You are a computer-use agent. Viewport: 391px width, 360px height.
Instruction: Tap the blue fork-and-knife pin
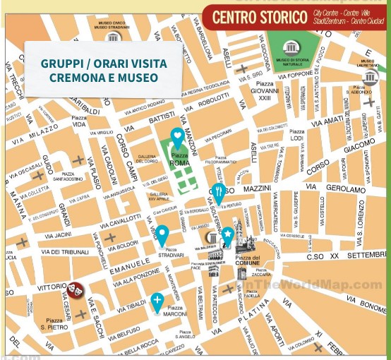(x=219, y=191)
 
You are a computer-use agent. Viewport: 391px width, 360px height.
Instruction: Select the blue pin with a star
(x=228, y=234)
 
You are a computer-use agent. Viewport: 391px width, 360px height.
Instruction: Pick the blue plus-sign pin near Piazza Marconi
(x=157, y=302)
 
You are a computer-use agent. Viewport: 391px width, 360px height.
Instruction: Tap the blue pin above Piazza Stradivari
(x=162, y=234)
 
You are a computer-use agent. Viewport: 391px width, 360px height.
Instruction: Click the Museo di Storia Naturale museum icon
(x=292, y=49)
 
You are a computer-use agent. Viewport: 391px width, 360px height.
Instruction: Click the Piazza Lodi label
(x=297, y=135)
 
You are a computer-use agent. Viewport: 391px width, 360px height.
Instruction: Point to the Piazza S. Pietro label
(x=54, y=324)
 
